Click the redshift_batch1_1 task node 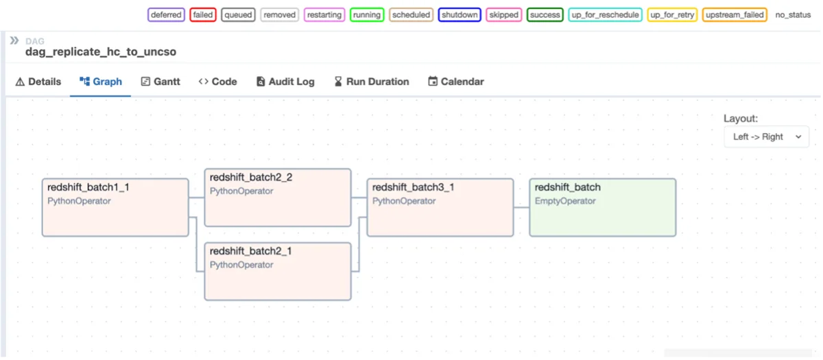115,207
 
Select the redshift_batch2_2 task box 278,197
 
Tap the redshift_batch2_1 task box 278,271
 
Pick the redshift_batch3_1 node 440,207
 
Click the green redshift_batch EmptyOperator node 603,207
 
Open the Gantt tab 160,82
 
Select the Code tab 218,82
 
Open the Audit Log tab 285,82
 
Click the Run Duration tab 372,82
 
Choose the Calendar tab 456,82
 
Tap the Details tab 38,82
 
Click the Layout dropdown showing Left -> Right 767,136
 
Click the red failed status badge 203,14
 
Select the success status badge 545,14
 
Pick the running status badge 367,14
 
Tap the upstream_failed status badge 735,14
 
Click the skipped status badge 503,14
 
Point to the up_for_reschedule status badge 605,14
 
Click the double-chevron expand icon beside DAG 14,40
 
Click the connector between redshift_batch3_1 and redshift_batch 521,208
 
